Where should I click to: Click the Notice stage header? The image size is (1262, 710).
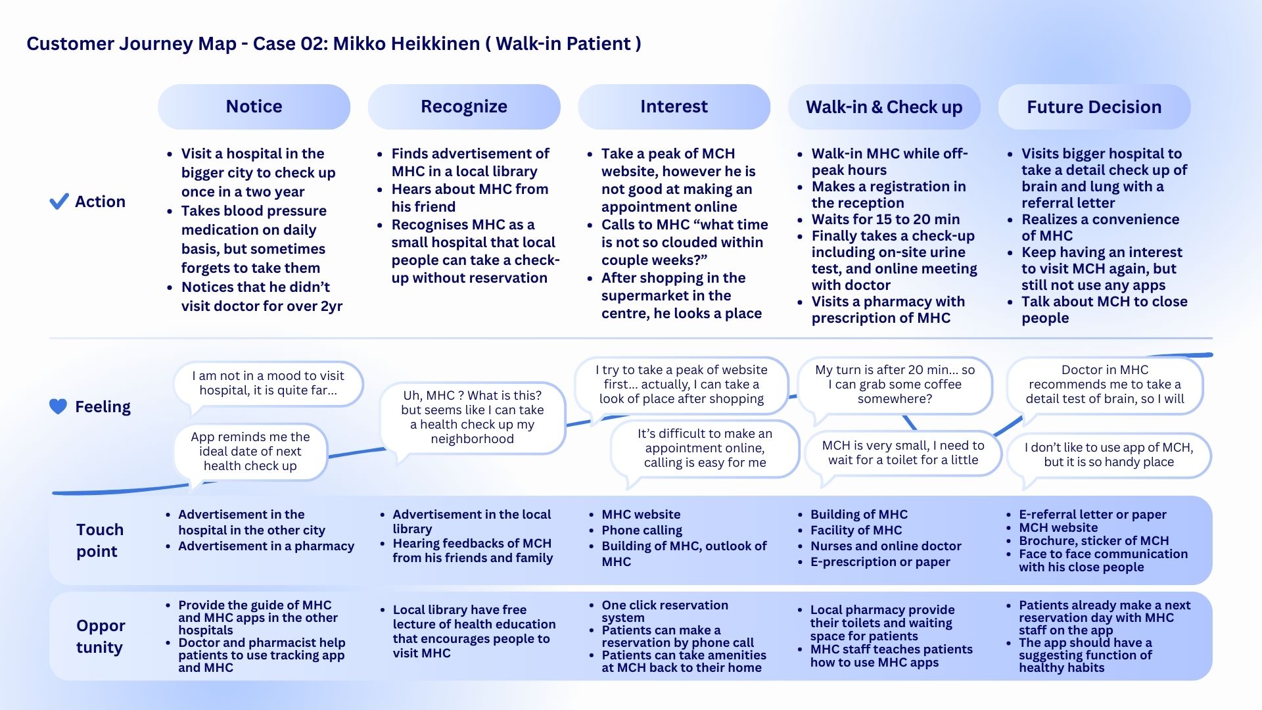coord(254,106)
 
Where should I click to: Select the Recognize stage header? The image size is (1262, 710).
coord(463,106)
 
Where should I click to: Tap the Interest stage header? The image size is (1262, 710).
coord(674,106)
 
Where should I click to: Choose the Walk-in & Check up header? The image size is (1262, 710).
coord(884,106)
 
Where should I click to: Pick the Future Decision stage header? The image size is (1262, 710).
coord(1094,106)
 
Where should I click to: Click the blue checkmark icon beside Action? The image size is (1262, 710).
coord(59,201)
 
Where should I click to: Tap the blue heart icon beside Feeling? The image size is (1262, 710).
coord(58,407)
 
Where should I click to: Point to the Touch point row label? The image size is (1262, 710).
coord(99,540)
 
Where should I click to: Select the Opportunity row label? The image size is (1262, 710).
coord(100,636)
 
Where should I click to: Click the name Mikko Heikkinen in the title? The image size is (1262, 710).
coord(406,43)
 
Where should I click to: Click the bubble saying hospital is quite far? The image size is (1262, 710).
coord(268,383)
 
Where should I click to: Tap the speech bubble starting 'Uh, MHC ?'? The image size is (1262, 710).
coord(472,417)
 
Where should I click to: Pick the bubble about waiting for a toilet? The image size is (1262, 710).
coord(902,453)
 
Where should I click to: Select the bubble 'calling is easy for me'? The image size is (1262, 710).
coord(704,448)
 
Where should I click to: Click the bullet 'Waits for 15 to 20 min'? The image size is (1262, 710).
coord(885,220)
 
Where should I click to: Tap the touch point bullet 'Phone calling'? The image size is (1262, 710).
coord(642,530)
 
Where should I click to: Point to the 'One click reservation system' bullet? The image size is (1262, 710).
coord(664,611)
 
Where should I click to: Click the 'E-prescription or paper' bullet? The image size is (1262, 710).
coord(879,562)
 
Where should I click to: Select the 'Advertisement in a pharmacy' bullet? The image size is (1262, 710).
coord(266,546)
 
